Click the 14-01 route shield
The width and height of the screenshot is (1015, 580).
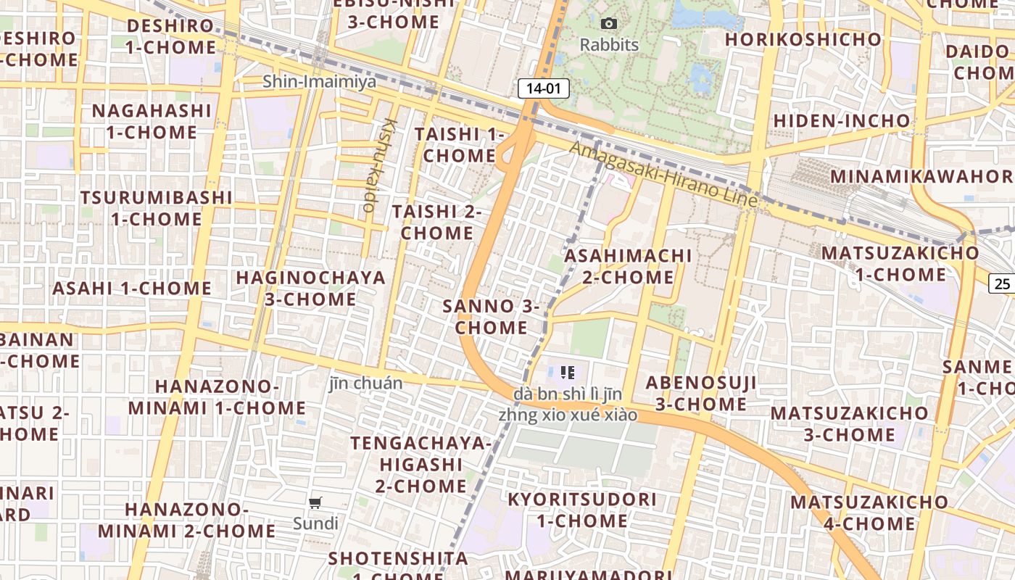point(543,88)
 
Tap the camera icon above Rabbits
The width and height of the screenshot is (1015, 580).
point(609,24)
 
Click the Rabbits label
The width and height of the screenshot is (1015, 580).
point(609,45)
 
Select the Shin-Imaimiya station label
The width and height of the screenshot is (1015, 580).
point(320,81)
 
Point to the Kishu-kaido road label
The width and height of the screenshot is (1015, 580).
point(379,165)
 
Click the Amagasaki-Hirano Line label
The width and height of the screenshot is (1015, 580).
point(663,174)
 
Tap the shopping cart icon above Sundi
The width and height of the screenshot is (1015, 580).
point(315,503)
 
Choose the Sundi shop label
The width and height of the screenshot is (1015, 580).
point(315,523)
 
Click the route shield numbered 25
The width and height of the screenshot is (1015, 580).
point(1002,283)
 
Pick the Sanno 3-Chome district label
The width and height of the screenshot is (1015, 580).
point(491,317)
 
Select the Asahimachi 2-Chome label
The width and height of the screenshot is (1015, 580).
point(628,266)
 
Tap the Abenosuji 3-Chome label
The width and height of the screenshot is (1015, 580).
point(701,393)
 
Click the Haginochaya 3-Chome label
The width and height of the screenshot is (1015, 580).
point(310,288)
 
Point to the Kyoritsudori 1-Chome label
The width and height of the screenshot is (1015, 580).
point(582,510)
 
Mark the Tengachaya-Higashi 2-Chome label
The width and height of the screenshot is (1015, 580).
point(420,464)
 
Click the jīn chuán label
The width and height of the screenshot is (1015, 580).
point(365,383)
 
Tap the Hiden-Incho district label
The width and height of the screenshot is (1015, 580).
point(841,120)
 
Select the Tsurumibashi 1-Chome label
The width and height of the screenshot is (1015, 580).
point(156,208)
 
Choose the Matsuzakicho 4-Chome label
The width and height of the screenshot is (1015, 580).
point(869,513)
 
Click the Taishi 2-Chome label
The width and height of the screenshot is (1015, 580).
point(437,222)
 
